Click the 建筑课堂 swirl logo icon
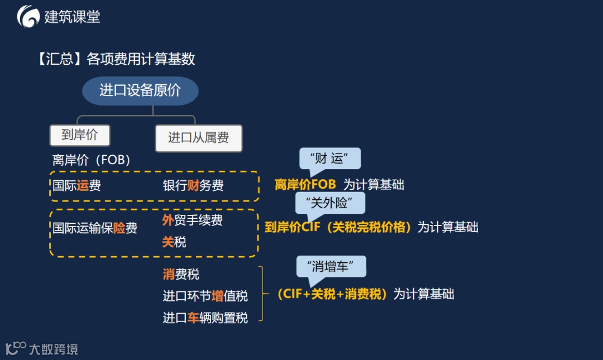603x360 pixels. tap(28, 17)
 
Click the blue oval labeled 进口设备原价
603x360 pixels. tap(140, 91)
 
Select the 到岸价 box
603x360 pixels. tap(79, 135)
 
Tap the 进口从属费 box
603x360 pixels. tap(198, 138)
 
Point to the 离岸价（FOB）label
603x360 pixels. tap(92, 160)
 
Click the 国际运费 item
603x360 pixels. tap(77, 186)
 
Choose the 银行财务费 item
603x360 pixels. tap(193, 186)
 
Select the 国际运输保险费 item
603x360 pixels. tap(95, 228)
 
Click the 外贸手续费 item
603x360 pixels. tap(193, 220)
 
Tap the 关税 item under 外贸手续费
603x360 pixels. tap(174, 242)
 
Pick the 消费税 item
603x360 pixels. tap(181, 274)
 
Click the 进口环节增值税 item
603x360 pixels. tap(205, 296)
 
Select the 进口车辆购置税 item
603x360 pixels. tap(205, 318)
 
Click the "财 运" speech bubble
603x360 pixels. tap(330, 159)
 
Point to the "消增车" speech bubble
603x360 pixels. tap(331, 266)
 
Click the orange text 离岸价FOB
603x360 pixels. tap(305, 185)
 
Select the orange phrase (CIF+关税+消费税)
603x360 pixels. tap(332, 294)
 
